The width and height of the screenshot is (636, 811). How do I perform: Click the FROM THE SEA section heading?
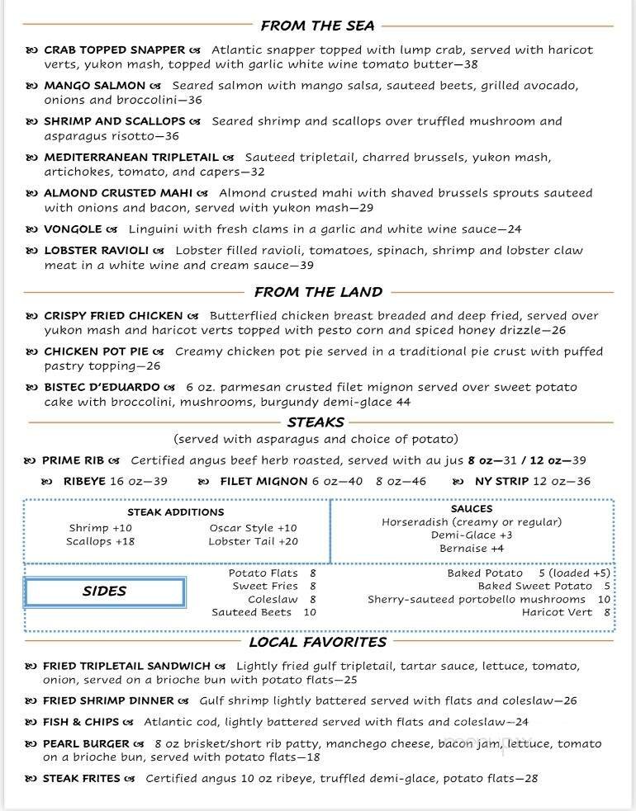(317, 26)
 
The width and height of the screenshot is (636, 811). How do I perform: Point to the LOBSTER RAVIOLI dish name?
(96, 250)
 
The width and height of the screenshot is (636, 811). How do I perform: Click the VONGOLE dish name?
(73, 229)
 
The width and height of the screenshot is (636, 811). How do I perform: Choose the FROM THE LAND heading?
(318, 292)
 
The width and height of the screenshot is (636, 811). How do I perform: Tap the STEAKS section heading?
(316, 422)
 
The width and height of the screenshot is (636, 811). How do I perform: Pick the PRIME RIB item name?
(74, 460)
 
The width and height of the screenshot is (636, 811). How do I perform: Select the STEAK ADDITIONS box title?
(176, 512)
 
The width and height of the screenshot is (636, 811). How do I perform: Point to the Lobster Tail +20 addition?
(253, 541)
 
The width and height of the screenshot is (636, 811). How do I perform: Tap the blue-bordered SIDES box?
(104, 592)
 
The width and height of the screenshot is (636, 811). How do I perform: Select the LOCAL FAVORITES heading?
(318, 642)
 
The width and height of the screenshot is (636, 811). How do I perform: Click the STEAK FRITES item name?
(82, 778)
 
